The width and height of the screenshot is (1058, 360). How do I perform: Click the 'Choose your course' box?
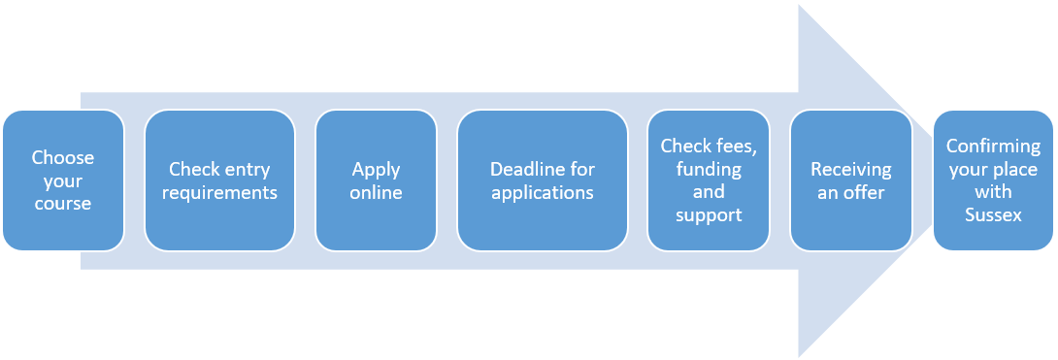63,180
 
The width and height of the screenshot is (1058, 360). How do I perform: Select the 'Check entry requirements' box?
220,180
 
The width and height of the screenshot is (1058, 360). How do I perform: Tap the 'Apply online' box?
376,180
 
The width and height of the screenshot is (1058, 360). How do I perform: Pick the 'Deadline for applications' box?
543,180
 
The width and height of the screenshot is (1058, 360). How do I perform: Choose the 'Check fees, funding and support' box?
709,180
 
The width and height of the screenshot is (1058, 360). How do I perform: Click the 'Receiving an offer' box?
851,180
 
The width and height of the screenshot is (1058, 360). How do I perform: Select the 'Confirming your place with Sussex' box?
993,180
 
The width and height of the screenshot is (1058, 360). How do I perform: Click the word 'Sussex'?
993,215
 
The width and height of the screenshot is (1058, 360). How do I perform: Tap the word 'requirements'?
220,193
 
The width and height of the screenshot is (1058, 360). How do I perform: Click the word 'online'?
376,192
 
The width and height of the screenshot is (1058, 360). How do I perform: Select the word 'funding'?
709,169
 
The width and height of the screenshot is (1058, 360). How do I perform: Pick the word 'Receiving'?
851,169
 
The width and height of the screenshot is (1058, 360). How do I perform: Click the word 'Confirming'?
993,147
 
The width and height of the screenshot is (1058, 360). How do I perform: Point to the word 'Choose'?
63,158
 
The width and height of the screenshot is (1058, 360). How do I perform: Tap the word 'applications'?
543,193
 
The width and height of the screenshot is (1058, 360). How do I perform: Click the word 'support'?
709,215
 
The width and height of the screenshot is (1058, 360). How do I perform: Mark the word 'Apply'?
376,169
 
